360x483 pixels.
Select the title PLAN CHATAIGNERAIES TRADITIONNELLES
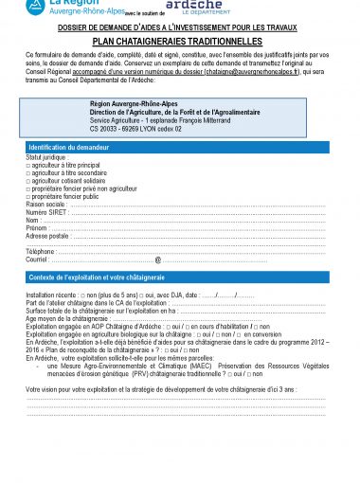180,43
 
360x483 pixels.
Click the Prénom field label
37,228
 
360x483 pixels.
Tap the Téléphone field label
42,251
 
